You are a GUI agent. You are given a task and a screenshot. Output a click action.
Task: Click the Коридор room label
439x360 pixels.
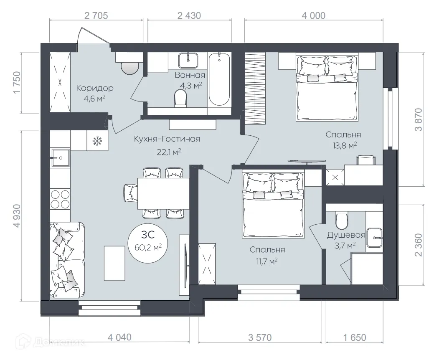pos(94,88)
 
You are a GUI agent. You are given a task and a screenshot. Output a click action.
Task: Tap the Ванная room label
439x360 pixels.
pos(190,76)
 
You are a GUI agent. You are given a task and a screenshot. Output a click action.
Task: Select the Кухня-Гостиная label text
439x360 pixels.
pos(167,139)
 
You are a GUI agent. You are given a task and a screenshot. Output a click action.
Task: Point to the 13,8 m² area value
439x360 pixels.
pos(344,145)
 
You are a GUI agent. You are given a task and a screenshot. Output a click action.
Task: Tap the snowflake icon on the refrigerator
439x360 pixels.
pos(97,141)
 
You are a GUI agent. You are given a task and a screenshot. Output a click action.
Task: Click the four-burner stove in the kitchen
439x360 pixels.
pos(60,199)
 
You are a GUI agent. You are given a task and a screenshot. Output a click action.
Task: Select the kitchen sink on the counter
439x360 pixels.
pos(60,158)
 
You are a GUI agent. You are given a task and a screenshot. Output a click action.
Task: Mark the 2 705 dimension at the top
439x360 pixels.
pos(96,16)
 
